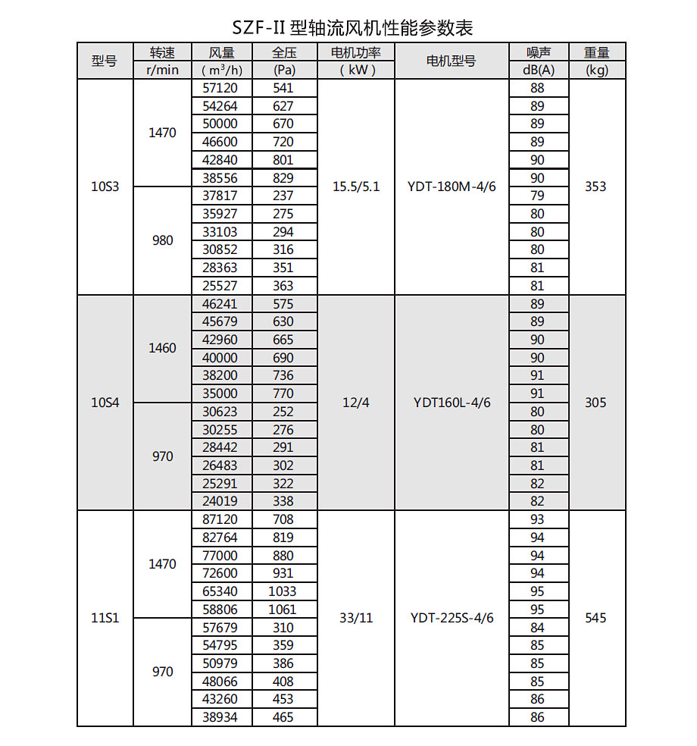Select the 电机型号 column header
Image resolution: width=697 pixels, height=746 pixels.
(x=451, y=61)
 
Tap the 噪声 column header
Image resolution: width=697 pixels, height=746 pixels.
(x=538, y=52)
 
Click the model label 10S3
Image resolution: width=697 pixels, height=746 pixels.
(x=105, y=186)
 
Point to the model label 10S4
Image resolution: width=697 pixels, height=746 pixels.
(x=105, y=403)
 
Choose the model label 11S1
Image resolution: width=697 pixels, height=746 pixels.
(x=105, y=618)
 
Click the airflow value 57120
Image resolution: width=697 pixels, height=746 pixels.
(x=220, y=87)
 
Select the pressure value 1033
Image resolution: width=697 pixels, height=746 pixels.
(x=283, y=591)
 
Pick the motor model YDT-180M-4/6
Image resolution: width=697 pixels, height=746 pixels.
(x=452, y=186)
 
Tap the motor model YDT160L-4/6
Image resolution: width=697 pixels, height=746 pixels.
(x=452, y=403)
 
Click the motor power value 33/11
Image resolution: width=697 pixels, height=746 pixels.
(x=356, y=618)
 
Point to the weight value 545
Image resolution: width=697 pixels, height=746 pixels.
(x=596, y=618)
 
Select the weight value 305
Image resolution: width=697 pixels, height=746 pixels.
(x=596, y=403)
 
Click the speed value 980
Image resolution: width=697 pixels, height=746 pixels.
(x=163, y=240)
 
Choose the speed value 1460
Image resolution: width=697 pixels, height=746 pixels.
(x=163, y=348)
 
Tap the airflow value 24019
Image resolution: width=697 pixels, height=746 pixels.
(x=220, y=501)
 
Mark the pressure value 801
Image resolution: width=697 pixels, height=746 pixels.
(x=283, y=160)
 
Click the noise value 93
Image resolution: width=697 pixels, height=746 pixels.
(x=538, y=520)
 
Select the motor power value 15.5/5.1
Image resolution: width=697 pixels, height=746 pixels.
(x=356, y=186)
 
